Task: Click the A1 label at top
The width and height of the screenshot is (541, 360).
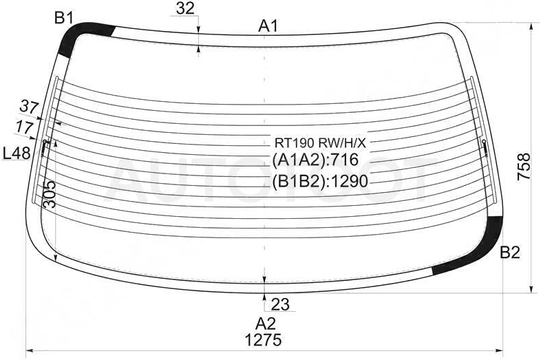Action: (x=268, y=26)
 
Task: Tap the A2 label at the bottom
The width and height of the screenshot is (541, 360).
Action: (x=265, y=324)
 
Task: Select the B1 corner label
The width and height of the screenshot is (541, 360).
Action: (x=64, y=18)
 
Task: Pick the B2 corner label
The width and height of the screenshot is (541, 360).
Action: (x=510, y=253)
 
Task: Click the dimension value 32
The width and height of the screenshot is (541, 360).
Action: (x=185, y=8)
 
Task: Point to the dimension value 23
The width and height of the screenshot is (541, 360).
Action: (x=281, y=304)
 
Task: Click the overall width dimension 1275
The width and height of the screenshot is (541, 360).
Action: (x=263, y=340)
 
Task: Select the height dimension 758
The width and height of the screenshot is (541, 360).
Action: (x=524, y=166)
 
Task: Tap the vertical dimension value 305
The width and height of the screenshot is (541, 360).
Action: (x=50, y=194)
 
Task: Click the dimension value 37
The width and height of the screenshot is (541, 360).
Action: (x=29, y=107)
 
